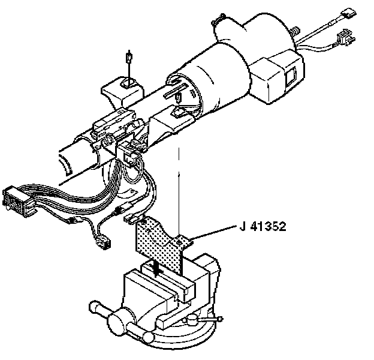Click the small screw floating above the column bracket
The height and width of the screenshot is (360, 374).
point(128,58)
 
